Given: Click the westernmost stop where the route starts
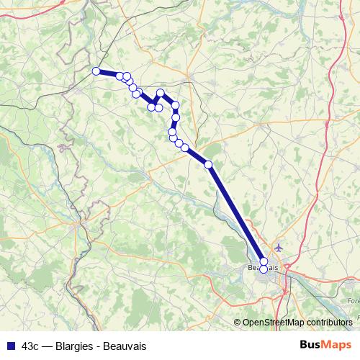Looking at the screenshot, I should (x=96, y=71).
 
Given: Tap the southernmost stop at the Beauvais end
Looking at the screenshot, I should (x=264, y=269).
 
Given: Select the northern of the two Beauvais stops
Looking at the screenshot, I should (x=264, y=261).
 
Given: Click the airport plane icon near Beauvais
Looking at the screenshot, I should (x=280, y=248).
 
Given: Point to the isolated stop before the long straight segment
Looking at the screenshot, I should (x=209, y=165).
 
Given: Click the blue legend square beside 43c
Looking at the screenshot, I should (x=10, y=346).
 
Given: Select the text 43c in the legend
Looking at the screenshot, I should (x=31, y=346).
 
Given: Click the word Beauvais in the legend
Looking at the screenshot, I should (x=125, y=346).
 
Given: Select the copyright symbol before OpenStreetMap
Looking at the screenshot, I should (x=238, y=323).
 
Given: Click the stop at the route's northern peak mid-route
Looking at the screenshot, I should (x=161, y=93).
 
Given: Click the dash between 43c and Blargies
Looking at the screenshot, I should (x=46, y=346).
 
